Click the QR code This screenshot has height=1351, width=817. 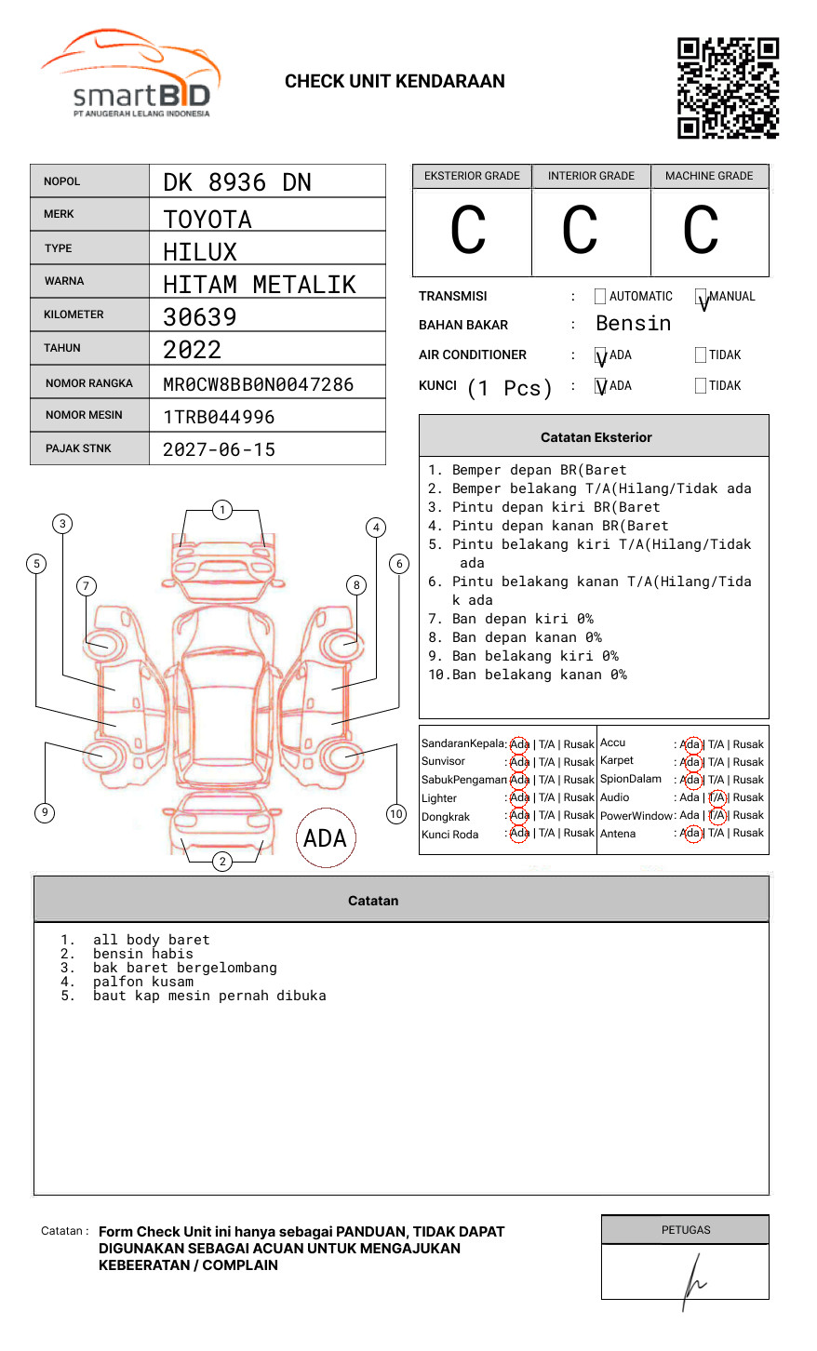(728, 88)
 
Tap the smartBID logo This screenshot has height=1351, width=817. (131, 73)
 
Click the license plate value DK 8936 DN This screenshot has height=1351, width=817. (237, 182)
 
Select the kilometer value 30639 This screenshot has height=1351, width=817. (200, 317)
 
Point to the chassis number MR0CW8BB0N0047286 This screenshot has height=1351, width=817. (259, 384)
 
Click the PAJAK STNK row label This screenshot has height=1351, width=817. (78, 448)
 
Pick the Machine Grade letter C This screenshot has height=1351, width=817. (701, 230)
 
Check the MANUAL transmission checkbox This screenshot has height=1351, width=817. (701, 296)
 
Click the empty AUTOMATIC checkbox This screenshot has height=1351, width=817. (600, 296)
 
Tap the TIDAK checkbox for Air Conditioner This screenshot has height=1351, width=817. (701, 354)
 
